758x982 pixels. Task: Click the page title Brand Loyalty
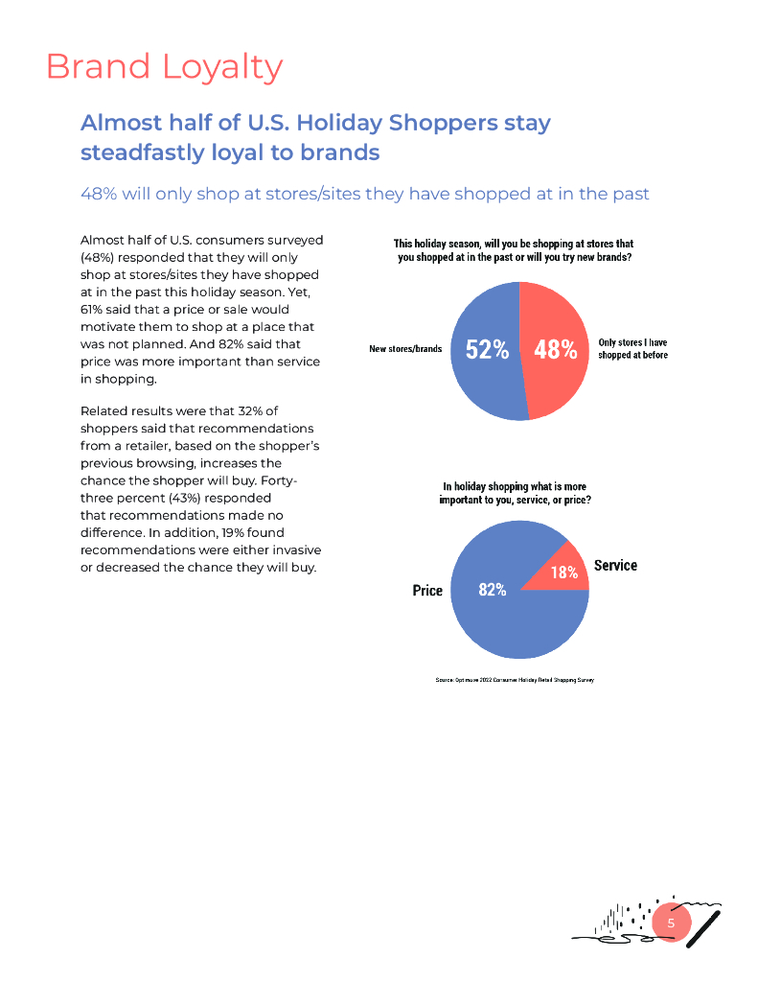tap(164, 67)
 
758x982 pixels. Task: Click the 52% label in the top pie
tap(487, 350)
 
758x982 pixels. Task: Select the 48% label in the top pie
tap(556, 350)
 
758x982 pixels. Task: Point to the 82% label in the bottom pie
tap(492, 591)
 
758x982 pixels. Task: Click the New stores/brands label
tap(405, 349)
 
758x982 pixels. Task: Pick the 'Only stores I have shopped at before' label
tap(632, 348)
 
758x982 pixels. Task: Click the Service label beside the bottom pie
tap(615, 566)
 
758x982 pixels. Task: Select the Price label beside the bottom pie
tap(427, 591)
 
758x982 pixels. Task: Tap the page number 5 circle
tap(671, 923)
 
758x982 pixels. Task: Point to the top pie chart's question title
tap(514, 251)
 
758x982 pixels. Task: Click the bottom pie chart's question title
tap(515, 494)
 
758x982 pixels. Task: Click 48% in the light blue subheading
tap(99, 194)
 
